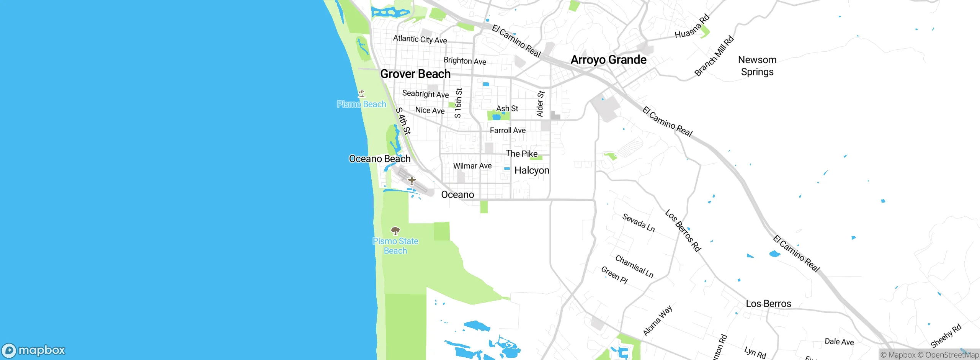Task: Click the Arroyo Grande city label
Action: click(608, 60)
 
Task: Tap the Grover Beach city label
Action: click(415, 74)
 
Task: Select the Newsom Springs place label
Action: click(757, 66)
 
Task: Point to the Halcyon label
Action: click(532, 170)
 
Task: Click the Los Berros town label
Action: click(768, 304)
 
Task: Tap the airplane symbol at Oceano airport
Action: click(412, 180)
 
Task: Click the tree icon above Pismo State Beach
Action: click(395, 231)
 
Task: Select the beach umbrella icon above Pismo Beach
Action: click(361, 93)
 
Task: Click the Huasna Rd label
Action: click(692, 26)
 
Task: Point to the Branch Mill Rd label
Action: click(714, 56)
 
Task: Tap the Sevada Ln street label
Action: click(638, 223)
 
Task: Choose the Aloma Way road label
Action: click(657, 321)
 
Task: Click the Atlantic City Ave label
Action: click(420, 39)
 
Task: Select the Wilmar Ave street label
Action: click(472, 166)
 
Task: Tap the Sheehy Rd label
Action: click(946, 335)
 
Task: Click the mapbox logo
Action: click(34, 350)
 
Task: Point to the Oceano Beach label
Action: click(379, 159)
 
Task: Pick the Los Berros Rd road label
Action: click(683, 231)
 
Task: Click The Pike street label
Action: click(521, 154)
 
